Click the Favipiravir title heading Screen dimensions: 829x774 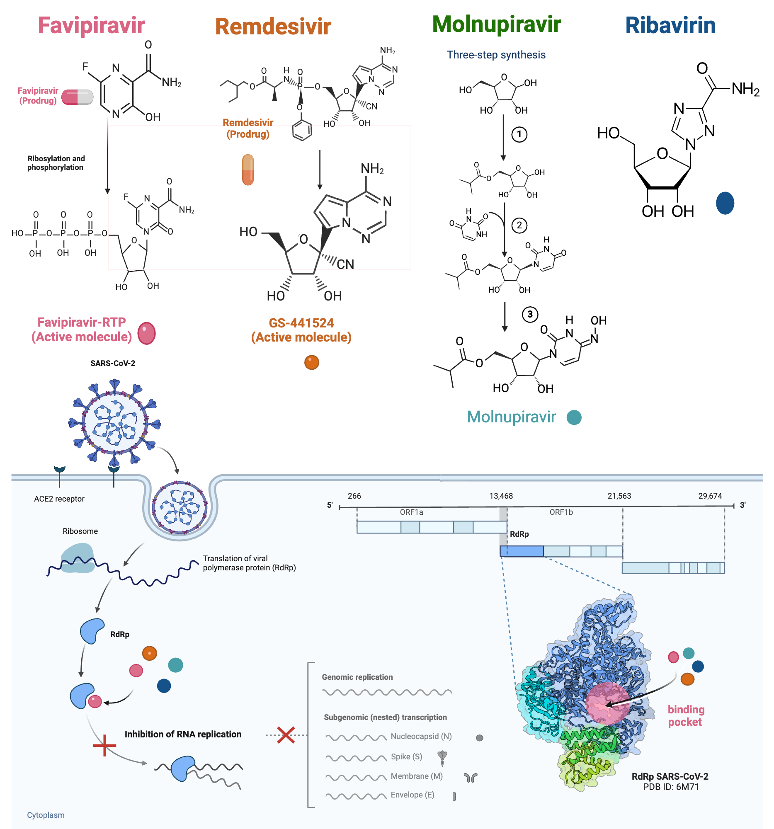(91, 25)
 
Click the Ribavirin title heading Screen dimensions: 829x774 (670, 25)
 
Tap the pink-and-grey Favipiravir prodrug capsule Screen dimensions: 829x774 (77, 97)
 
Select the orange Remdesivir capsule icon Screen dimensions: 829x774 (248, 170)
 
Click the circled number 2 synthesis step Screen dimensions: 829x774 (519, 225)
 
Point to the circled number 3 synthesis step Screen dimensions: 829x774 (530, 315)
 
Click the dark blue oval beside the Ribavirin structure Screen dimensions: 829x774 (725, 203)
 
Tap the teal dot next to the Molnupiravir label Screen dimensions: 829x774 (574, 417)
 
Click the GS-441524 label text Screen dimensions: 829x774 (301, 323)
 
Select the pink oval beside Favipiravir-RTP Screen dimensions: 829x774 (146, 333)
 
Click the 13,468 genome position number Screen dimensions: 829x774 (501, 496)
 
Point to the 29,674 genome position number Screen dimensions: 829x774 (710, 496)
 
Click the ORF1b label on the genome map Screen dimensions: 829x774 (561, 512)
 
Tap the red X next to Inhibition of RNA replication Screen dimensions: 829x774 (286, 735)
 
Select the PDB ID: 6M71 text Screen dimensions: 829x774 (671, 787)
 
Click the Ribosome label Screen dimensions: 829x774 (80, 531)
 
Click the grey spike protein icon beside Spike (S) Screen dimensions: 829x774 (442, 758)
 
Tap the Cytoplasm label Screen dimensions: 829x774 (46, 815)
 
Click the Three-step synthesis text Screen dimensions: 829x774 (496, 55)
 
